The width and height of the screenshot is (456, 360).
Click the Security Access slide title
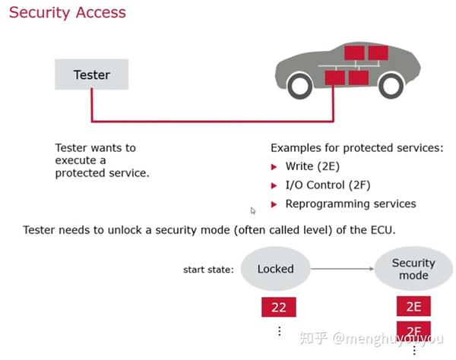point(68,13)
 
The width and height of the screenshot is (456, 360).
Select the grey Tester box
point(92,74)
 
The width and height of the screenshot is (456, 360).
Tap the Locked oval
point(275,268)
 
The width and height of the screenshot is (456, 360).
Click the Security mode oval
point(413,269)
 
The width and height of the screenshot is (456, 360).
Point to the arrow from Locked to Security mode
point(342,268)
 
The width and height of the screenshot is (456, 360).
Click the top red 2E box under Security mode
point(413,306)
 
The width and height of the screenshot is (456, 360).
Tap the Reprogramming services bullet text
point(350,204)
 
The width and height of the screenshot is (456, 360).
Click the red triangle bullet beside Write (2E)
point(275,166)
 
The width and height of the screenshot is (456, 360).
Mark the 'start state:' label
point(208,269)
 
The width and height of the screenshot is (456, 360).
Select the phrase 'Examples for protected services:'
point(356,147)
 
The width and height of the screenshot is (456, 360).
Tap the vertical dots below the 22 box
point(280,331)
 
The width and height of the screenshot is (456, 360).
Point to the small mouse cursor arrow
point(254,210)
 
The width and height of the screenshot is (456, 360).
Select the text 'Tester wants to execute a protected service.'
point(102,160)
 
